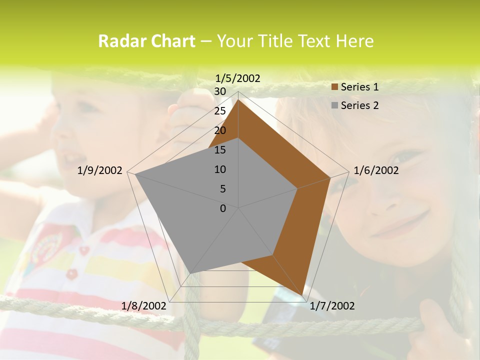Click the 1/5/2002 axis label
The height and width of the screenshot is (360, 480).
(x=238, y=78)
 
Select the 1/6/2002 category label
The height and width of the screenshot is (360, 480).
(x=376, y=170)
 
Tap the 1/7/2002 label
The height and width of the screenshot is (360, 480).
(x=332, y=306)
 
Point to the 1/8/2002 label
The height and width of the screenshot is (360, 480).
(x=143, y=306)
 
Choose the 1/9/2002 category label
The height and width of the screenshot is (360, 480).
(x=100, y=170)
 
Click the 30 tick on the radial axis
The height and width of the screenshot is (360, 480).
(x=220, y=91)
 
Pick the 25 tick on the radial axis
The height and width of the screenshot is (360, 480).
(x=220, y=111)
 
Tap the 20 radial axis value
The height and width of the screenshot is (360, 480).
(x=220, y=130)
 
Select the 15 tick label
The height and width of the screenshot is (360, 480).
(x=220, y=150)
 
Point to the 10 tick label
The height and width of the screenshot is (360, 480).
(x=220, y=169)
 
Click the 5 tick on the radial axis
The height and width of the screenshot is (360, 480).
(x=223, y=189)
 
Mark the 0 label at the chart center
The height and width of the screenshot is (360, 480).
(x=223, y=208)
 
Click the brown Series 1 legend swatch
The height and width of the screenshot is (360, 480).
(x=335, y=87)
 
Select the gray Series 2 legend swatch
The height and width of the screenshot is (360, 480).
(x=335, y=105)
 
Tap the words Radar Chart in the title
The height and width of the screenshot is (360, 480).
(x=146, y=41)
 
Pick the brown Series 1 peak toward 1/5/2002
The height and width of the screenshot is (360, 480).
(x=238, y=99)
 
